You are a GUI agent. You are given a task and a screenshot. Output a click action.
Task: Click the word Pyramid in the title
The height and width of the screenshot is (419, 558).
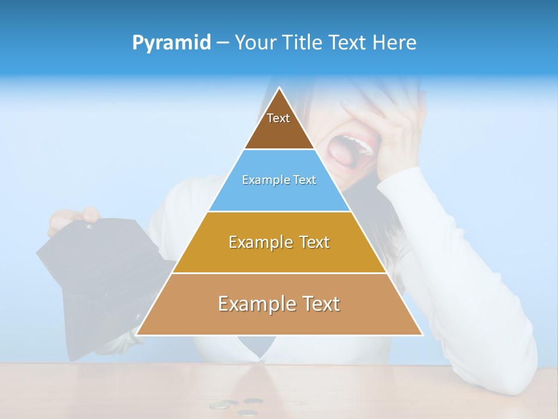click(171, 43)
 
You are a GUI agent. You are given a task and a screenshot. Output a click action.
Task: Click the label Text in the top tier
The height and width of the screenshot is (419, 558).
click(278, 118)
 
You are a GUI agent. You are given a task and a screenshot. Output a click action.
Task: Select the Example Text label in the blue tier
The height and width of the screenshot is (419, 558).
click(279, 180)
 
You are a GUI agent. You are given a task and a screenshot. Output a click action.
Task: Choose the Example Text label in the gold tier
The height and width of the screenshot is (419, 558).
click(279, 242)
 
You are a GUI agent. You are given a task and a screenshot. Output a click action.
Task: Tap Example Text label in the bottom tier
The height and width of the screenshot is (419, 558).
click(279, 304)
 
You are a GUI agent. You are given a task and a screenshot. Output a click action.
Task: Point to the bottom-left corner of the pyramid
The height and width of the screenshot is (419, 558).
click(137, 335)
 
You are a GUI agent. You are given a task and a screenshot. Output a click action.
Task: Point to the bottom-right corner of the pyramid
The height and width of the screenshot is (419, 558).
click(422, 335)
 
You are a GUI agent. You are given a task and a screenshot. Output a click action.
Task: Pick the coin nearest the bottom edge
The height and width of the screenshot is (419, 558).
click(248, 413)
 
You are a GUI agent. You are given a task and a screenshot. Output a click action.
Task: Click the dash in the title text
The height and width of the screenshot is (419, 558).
click(223, 43)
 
